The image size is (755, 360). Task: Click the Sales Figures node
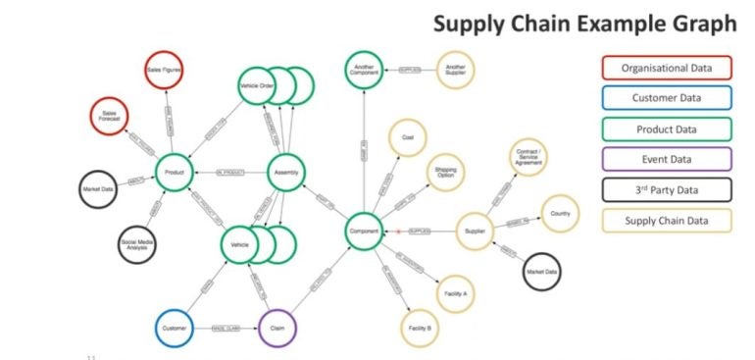[x=167, y=70]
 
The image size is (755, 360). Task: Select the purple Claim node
[x=277, y=328]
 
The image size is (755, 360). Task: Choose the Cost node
[x=408, y=138]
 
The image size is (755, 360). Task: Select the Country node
[x=561, y=213]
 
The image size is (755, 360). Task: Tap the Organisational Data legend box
[x=666, y=68]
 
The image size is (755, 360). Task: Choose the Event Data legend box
[x=666, y=159]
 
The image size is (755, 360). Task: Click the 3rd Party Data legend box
[x=666, y=189]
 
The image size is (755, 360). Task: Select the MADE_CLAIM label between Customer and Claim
[x=226, y=328]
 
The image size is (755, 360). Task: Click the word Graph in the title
[x=697, y=24]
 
